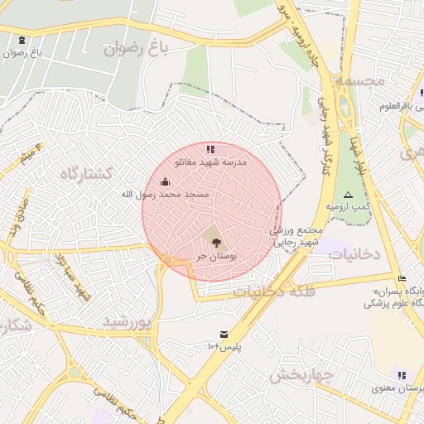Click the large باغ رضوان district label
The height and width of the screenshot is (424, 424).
[x=136, y=49]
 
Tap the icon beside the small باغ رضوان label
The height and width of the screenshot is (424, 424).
[x=21, y=40]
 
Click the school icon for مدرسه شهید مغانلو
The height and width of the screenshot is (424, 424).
[x=210, y=150]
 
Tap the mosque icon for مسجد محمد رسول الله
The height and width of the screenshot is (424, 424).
[x=165, y=181]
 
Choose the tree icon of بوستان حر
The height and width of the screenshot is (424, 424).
[x=216, y=243]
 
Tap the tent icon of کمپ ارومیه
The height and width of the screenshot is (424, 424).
[x=349, y=194]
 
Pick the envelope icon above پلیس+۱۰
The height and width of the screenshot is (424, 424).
[x=224, y=333]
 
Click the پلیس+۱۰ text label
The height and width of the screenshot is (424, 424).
[x=224, y=346]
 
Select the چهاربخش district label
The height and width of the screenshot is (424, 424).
[x=301, y=375]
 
